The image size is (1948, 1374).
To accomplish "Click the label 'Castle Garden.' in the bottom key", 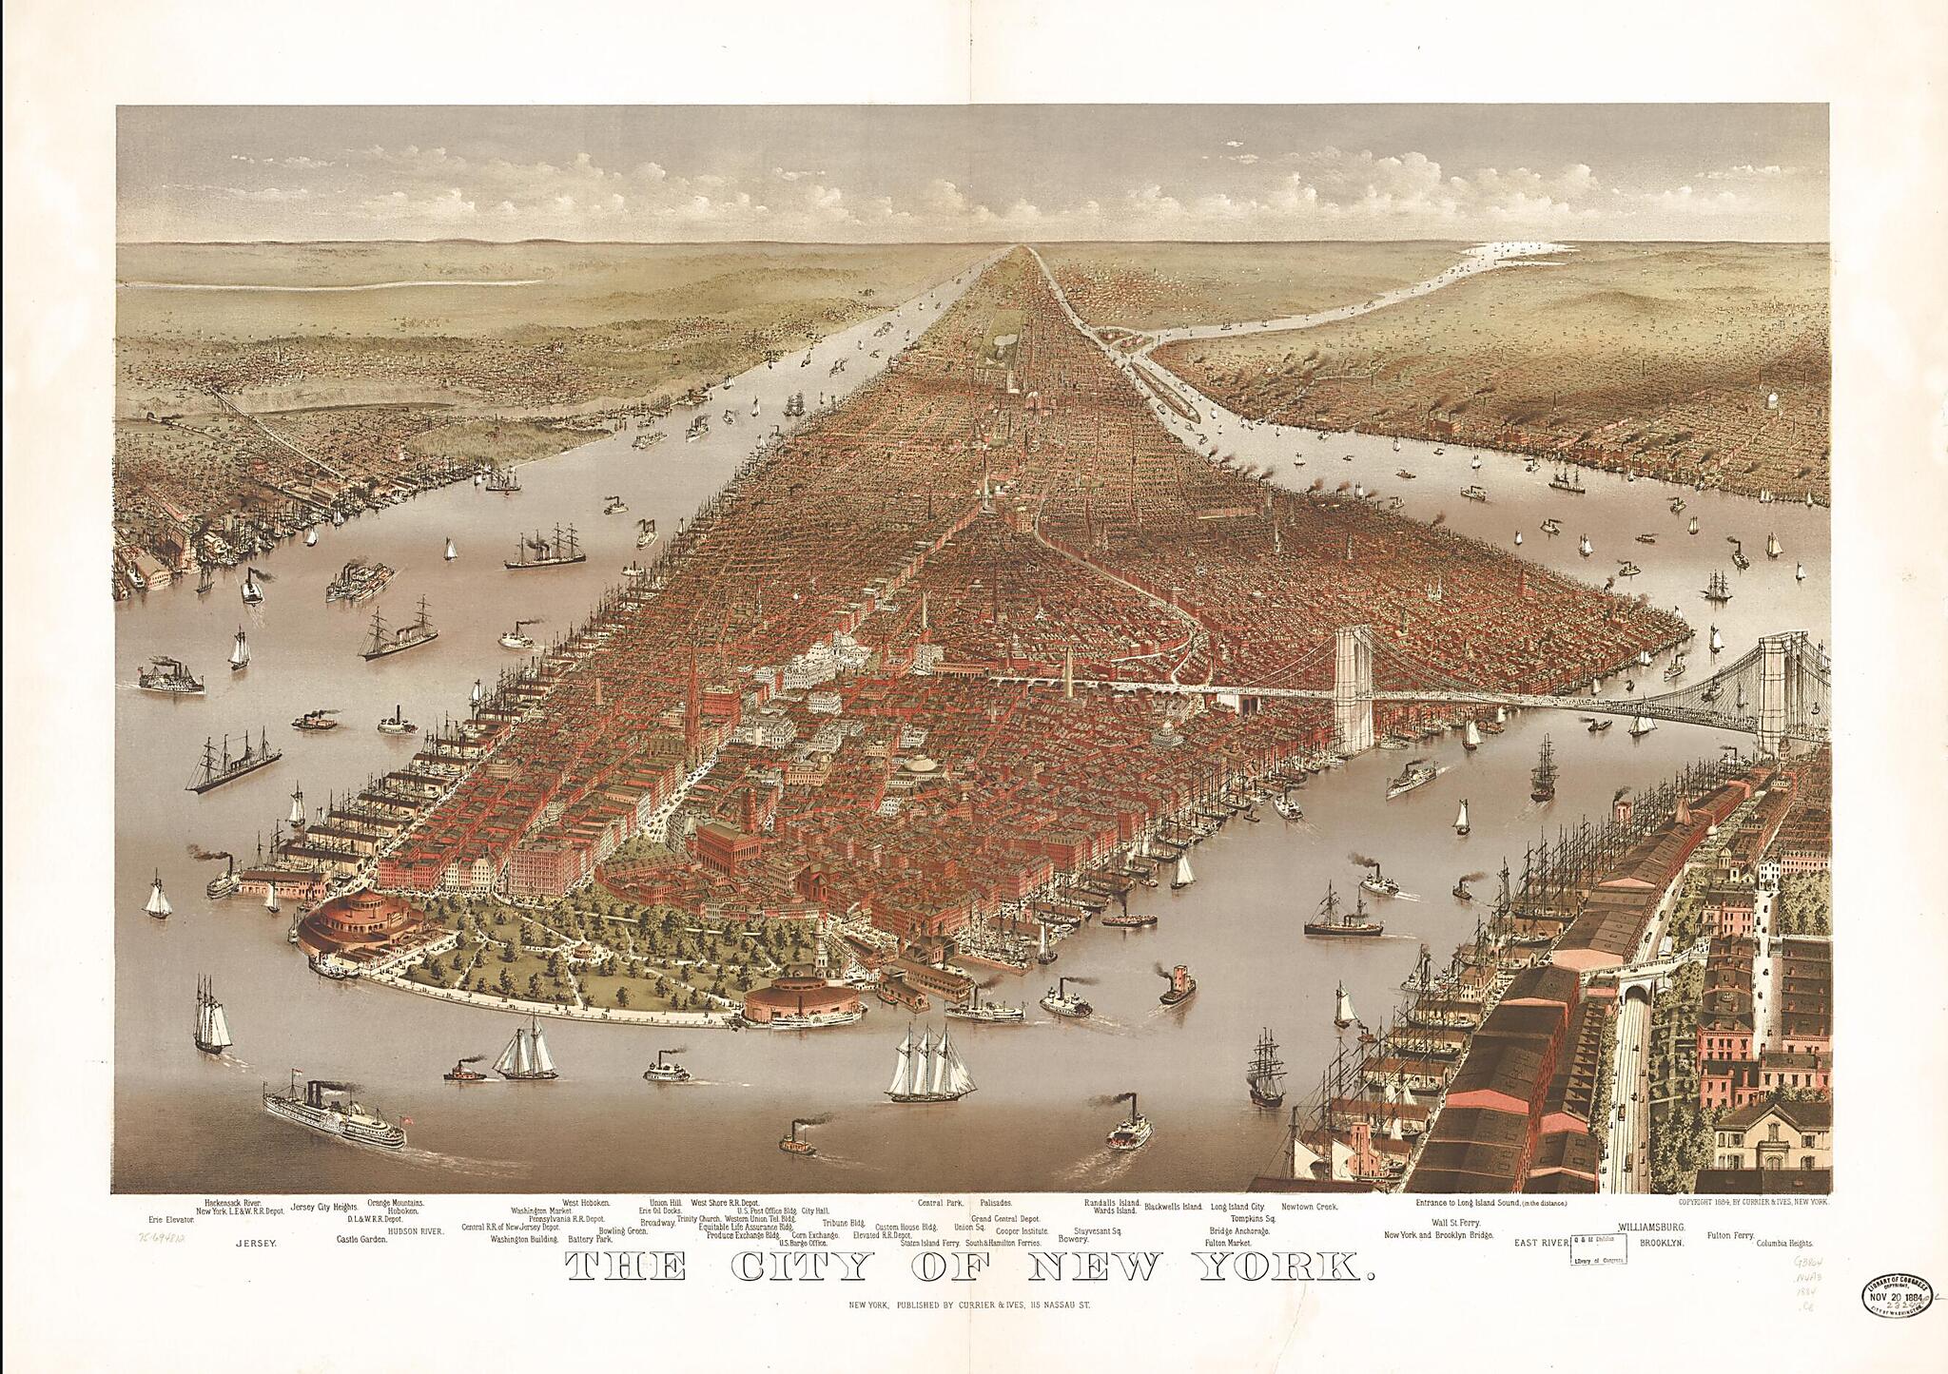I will (361, 1240).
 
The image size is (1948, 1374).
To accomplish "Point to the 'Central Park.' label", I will (941, 1202).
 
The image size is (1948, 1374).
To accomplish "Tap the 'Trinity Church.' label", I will (699, 1219).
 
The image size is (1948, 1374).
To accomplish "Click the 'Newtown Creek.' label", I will (1309, 1206).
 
